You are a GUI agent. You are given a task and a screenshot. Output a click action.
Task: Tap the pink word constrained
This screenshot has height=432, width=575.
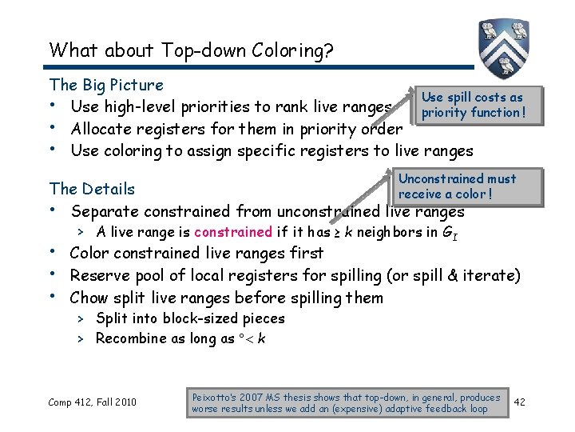coord(232,233)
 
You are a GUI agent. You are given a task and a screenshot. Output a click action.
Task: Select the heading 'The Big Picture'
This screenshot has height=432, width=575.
coord(106,85)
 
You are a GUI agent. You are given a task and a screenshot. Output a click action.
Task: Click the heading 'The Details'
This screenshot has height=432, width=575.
coord(92,189)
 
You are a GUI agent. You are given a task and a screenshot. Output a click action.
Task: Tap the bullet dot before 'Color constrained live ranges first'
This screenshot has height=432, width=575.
coord(54,253)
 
